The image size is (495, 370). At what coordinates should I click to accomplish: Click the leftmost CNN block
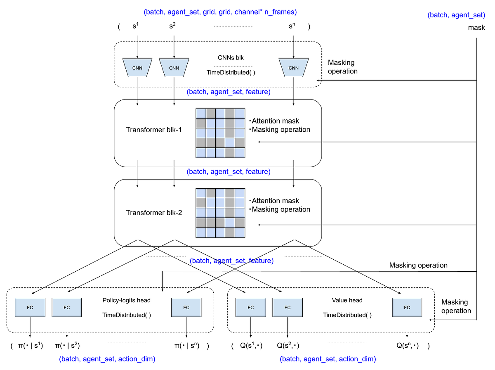point(137,68)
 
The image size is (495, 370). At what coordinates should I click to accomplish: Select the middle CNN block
point(174,68)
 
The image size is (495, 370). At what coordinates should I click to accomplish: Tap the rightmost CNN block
point(293,68)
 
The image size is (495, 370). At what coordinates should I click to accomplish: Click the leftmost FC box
point(30,307)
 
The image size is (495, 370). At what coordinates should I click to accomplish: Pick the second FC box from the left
point(67,307)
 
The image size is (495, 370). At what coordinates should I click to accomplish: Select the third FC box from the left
point(186,307)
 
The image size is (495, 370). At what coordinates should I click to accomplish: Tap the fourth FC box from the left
point(250,307)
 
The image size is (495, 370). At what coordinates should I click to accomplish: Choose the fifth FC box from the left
point(288,307)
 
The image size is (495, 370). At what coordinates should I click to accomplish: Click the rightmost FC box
point(407,307)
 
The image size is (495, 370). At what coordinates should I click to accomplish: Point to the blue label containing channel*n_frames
point(220,12)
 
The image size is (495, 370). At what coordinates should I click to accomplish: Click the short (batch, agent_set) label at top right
point(456,16)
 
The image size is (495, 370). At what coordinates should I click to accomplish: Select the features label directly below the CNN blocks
point(229,92)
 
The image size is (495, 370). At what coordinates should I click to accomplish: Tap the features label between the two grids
point(229,172)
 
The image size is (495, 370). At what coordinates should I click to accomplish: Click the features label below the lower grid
point(231,261)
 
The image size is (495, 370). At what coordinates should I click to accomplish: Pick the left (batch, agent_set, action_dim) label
point(107,358)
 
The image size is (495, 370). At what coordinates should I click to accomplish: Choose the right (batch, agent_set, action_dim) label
point(328,358)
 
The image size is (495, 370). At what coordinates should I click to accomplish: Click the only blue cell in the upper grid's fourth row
point(230,143)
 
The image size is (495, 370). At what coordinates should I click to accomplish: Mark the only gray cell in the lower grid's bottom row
point(230,232)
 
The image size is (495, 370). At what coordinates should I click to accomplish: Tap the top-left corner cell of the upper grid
point(200,114)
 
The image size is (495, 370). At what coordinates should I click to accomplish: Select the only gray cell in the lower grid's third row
point(230,213)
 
